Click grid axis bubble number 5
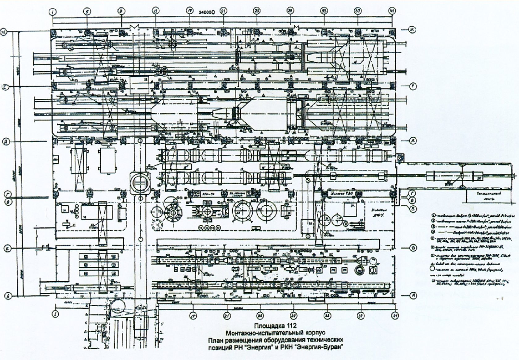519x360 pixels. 88,12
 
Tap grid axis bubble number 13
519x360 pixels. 155,11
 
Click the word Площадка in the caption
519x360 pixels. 266,326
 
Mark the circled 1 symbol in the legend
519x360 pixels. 433,215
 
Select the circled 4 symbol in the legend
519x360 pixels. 433,232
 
